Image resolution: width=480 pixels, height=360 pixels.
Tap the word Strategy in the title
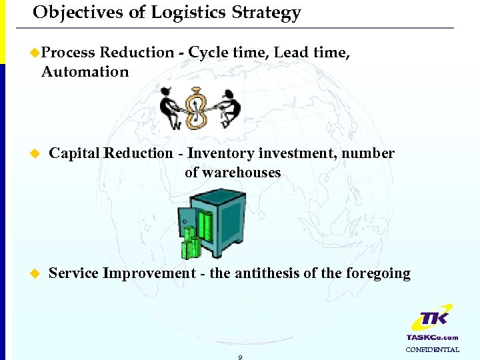[264, 13]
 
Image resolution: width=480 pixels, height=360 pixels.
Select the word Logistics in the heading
[187, 13]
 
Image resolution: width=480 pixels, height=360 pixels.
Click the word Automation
[85, 71]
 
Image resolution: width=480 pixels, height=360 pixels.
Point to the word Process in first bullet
[69, 53]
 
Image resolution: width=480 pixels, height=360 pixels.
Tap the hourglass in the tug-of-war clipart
[195, 107]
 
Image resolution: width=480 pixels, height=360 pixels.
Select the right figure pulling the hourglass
[228, 107]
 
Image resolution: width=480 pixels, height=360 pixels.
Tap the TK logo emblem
[431, 319]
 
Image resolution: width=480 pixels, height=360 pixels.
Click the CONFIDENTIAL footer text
[432, 349]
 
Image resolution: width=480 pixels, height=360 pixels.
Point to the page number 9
[240, 357]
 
